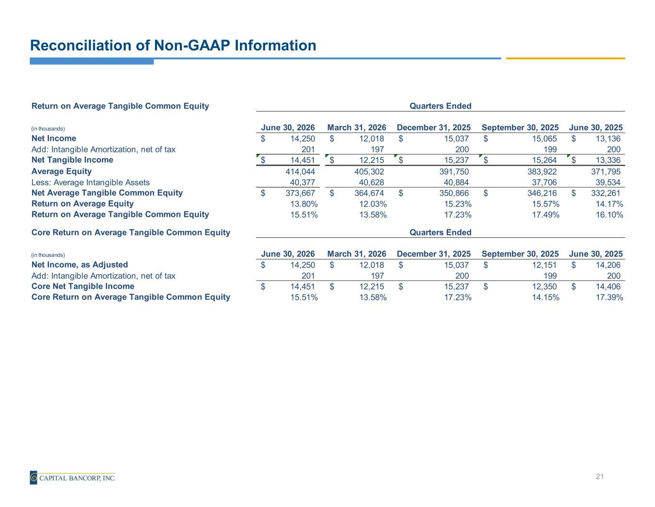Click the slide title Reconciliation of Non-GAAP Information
pos(173,46)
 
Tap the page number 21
pos(599,476)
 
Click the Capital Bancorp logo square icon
pos(34,477)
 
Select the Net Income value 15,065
pos(544,138)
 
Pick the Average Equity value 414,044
pos(300,172)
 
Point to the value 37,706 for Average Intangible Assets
pos(544,182)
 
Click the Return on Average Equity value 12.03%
pos(373,204)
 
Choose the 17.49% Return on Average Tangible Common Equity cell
pos(546,214)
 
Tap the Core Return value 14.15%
pos(546,297)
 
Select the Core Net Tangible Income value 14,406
pos(608,286)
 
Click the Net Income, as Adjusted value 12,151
pos(544,265)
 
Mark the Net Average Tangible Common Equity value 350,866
pos(454,193)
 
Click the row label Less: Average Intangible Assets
pos(90,182)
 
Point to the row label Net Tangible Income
pos(72,160)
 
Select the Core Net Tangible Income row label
pos(83,286)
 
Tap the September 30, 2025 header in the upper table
pos(520,127)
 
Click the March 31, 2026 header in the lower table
pos(357,254)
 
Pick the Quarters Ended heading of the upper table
pos(441,106)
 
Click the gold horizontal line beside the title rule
pos(565,58)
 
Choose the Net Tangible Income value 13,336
pos(608,160)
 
